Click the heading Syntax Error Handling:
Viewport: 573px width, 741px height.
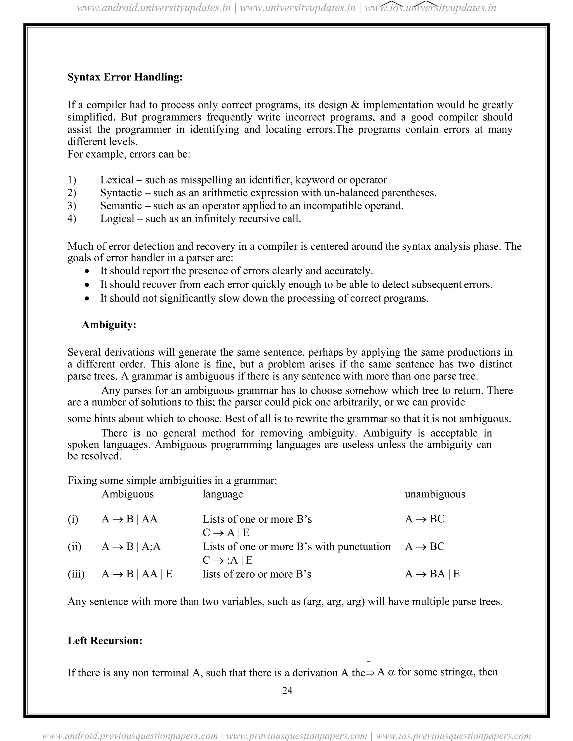click(125, 77)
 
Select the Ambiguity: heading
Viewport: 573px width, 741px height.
click(109, 325)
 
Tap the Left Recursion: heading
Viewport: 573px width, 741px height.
click(105, 641)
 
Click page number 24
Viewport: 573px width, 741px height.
click(287, 691)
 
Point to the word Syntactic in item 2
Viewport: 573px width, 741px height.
click(121, 193)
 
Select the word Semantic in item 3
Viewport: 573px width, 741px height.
click(121, 206)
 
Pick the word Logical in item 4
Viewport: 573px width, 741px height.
click(117, 219)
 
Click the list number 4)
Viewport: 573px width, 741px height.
click(72, 219)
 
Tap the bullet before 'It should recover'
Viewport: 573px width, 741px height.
click(88, 285)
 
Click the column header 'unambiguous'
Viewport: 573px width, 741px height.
click(435, 494)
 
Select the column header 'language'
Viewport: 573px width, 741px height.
click(223, 494)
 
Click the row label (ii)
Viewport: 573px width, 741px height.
click(74, 547)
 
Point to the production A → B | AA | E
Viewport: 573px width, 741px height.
click(137, 574)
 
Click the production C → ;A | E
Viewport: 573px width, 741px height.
click(227, 560)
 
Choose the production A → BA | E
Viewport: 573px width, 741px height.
click(432, 574)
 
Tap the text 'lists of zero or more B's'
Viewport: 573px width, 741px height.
click(257, 574)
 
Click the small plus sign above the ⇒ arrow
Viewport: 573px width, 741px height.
click(369, 661)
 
